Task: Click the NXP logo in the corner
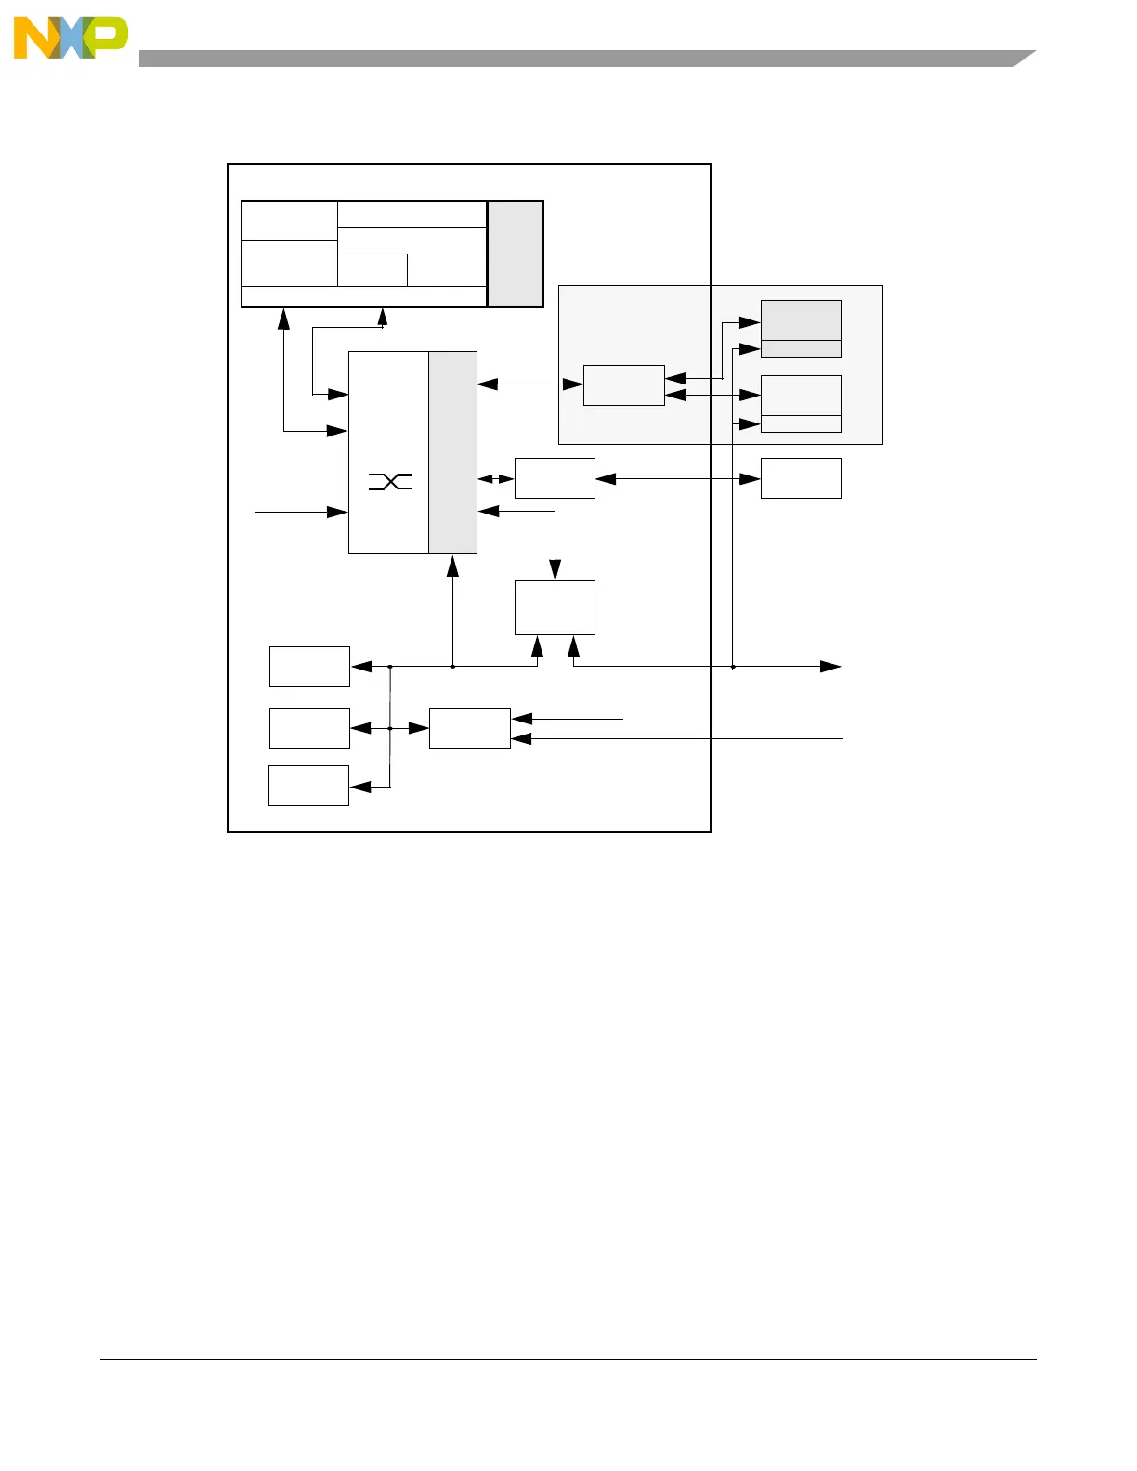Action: point(70,38)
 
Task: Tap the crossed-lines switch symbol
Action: point(390,481)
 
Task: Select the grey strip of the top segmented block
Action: point(516,253)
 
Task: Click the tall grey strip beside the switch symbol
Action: point(452,452)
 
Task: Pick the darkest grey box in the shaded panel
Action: point(801,320)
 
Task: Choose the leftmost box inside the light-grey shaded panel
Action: point(623,385)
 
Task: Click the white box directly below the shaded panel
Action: point(801,478)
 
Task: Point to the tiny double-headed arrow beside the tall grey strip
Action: point(495,479)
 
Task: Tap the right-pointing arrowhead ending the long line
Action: point(830,666)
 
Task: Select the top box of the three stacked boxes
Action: point(309,666)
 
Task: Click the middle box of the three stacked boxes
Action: point(309,728)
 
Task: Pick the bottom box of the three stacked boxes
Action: point(308,786)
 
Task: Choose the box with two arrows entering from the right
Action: point(470,728)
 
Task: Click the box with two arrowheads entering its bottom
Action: point(555,608)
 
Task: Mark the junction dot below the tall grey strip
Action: point(452,666)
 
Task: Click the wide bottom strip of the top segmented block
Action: point(364,296)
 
